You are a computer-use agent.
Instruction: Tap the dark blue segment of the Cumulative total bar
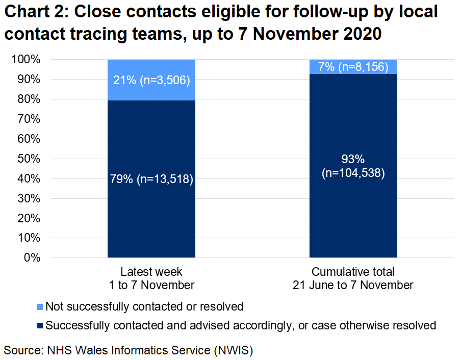tap(353, 214)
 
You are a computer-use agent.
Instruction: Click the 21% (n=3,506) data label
tap(151, 80)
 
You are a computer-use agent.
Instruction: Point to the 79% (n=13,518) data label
tap(151, 179)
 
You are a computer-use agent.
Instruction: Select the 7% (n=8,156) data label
tap(353, 67)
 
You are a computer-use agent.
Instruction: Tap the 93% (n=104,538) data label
tap(353, 166)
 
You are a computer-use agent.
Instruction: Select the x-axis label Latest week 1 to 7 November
tap(151, 278)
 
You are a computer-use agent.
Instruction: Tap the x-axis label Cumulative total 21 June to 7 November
tap(353, 278)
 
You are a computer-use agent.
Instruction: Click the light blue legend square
tap(40, 307)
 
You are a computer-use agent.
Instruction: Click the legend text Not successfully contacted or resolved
tap(144, 307)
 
